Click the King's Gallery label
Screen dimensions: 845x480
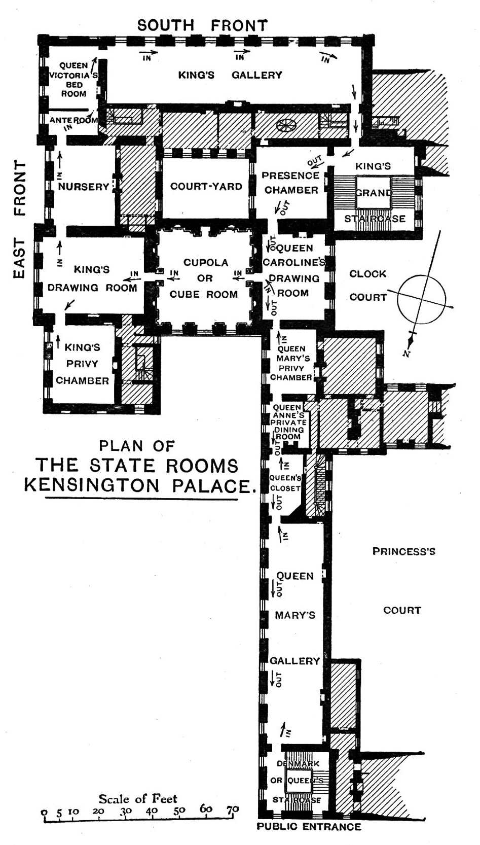click(x=230, y=75)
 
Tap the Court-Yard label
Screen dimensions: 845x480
click(x=206, y=186)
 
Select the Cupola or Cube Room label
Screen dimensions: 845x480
click(x=205, y=278)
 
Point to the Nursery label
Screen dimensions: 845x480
click(x=84, y=187)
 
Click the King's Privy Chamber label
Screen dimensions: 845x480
click(x=82, y=364)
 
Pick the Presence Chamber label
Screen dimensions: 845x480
click(x=290, y=183)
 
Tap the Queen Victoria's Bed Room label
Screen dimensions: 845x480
click(x=74, y=80)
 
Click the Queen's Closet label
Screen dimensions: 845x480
click(x=285, y=483)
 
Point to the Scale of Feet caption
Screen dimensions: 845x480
click(x=138, y=799)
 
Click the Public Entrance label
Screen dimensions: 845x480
click(x=309, y=827)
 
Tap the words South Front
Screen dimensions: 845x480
click(x=202, y=25)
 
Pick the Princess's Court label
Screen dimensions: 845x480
click(x=403, y=580)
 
